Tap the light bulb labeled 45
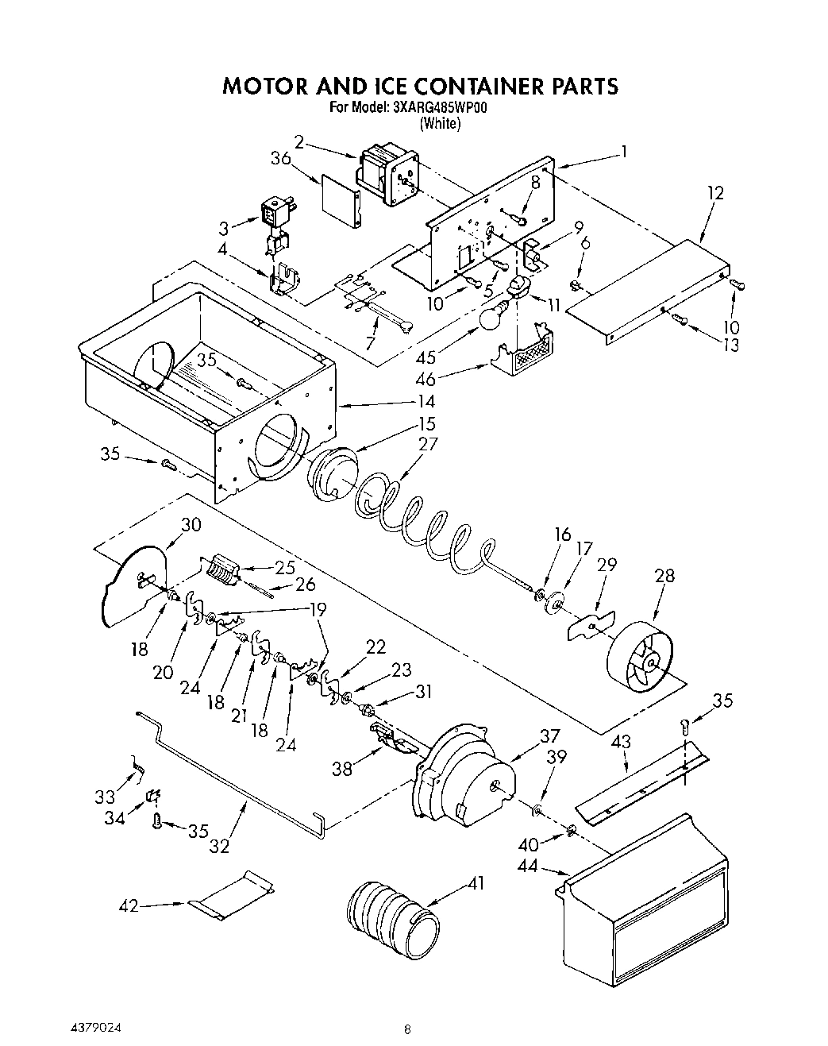tap(491, 317)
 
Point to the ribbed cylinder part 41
tap(392, 920)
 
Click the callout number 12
tap(715, 192)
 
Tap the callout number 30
tap(191, 524)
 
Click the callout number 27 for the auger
tap(427, 443)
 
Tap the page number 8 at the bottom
tap(407, 1029)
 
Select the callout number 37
tap(549, 735)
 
